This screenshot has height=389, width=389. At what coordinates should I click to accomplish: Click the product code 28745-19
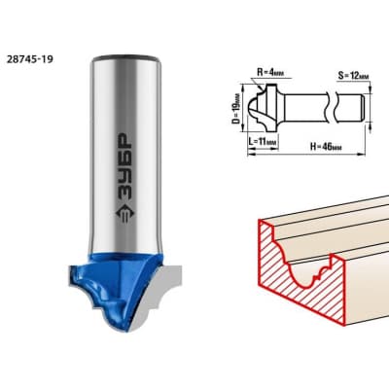pyautogui.click(x=29, y=59)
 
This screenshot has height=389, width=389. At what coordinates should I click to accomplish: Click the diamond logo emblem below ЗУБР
pyautogui.click(x=125, y=214)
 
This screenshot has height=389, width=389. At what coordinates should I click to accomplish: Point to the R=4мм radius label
pyautogui.click(x=270, y=72)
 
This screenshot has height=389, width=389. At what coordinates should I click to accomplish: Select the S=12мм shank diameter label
pyautogui.click(x=353, y=76)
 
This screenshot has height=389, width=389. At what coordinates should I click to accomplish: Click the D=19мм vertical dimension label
pyautogui.click(x=237, y=109)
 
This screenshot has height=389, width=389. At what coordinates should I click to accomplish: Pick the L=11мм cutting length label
pyautogui.click(x=264, y=142)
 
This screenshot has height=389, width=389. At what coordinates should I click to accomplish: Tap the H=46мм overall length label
pyautogui.click(x=326, y=147)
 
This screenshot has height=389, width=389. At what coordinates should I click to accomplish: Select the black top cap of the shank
pyautogui.click(x=125, y=58)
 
